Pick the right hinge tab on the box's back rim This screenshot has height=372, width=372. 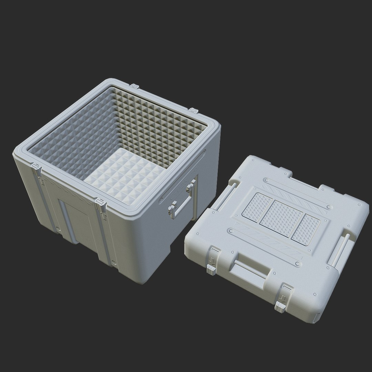point(194,111)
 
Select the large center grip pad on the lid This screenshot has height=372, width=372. point(281,218)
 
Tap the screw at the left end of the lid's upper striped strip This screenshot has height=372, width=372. point(266,180)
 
